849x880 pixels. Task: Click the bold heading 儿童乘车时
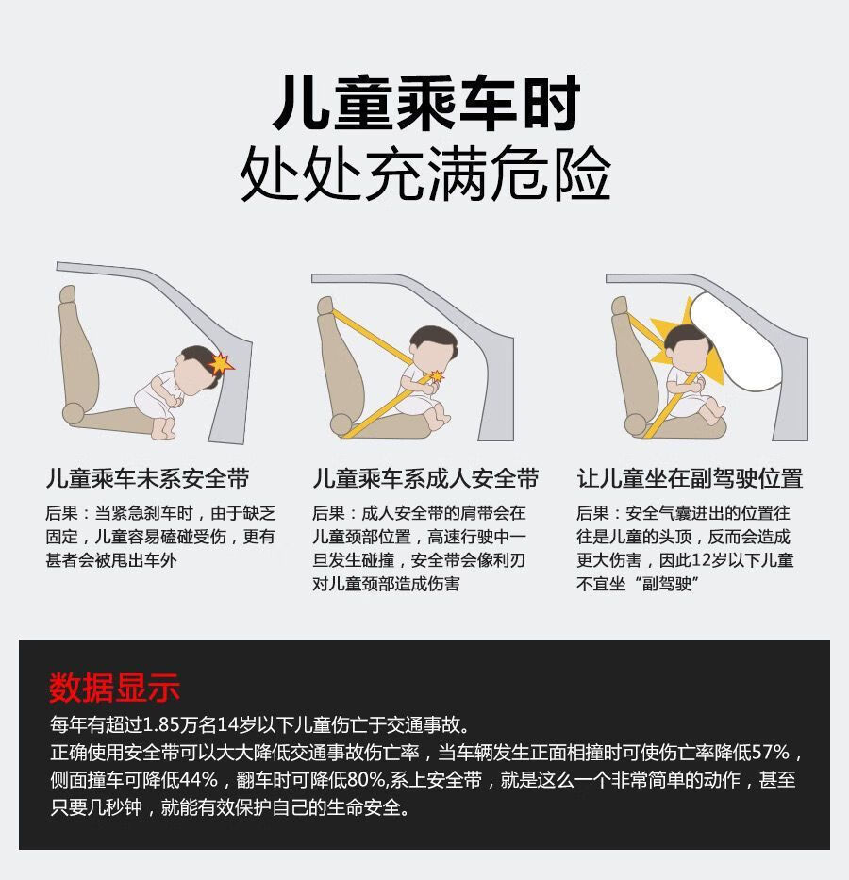(425, 104)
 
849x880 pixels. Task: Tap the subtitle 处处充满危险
(425, 173)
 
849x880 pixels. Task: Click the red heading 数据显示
(114, 687)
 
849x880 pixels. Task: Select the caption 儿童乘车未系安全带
(147, 478)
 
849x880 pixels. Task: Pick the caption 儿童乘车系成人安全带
(425, 478)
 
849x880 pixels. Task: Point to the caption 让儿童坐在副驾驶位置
(690, 478)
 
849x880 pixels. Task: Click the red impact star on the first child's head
(221, 364)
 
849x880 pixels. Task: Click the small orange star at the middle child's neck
(436, 375)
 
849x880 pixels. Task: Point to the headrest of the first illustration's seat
(67, 294)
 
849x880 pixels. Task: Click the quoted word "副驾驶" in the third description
(667, 584)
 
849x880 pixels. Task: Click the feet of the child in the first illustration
(163, 429)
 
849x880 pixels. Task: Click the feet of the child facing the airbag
(715, 411)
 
